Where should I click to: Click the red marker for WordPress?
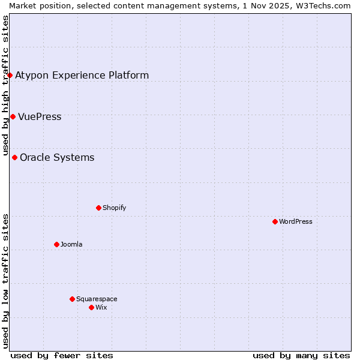coord(275,221)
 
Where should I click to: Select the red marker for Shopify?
coord(98,208)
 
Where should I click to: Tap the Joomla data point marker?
coord(56,244)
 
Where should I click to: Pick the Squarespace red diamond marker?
coord(72,299)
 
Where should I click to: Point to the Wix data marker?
coord(91,307)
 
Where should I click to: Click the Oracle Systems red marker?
coord(14,157)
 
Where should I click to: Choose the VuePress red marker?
coord(13,116)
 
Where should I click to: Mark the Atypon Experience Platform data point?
coord(10,75)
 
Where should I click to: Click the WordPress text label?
coord(296,221)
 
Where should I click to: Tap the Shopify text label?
coord(114,208)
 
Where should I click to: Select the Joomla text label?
coord(71,244)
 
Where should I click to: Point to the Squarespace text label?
coord(97,299)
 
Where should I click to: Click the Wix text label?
coord(101,307)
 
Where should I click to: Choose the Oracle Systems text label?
coord(57,157)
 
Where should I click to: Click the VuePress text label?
coord(40,116)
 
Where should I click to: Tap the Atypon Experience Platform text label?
coord(82,75)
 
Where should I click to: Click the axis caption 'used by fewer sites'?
coord(62,355)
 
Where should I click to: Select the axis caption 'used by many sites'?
coord(301,355)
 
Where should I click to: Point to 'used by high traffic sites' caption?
coord(5,84)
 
